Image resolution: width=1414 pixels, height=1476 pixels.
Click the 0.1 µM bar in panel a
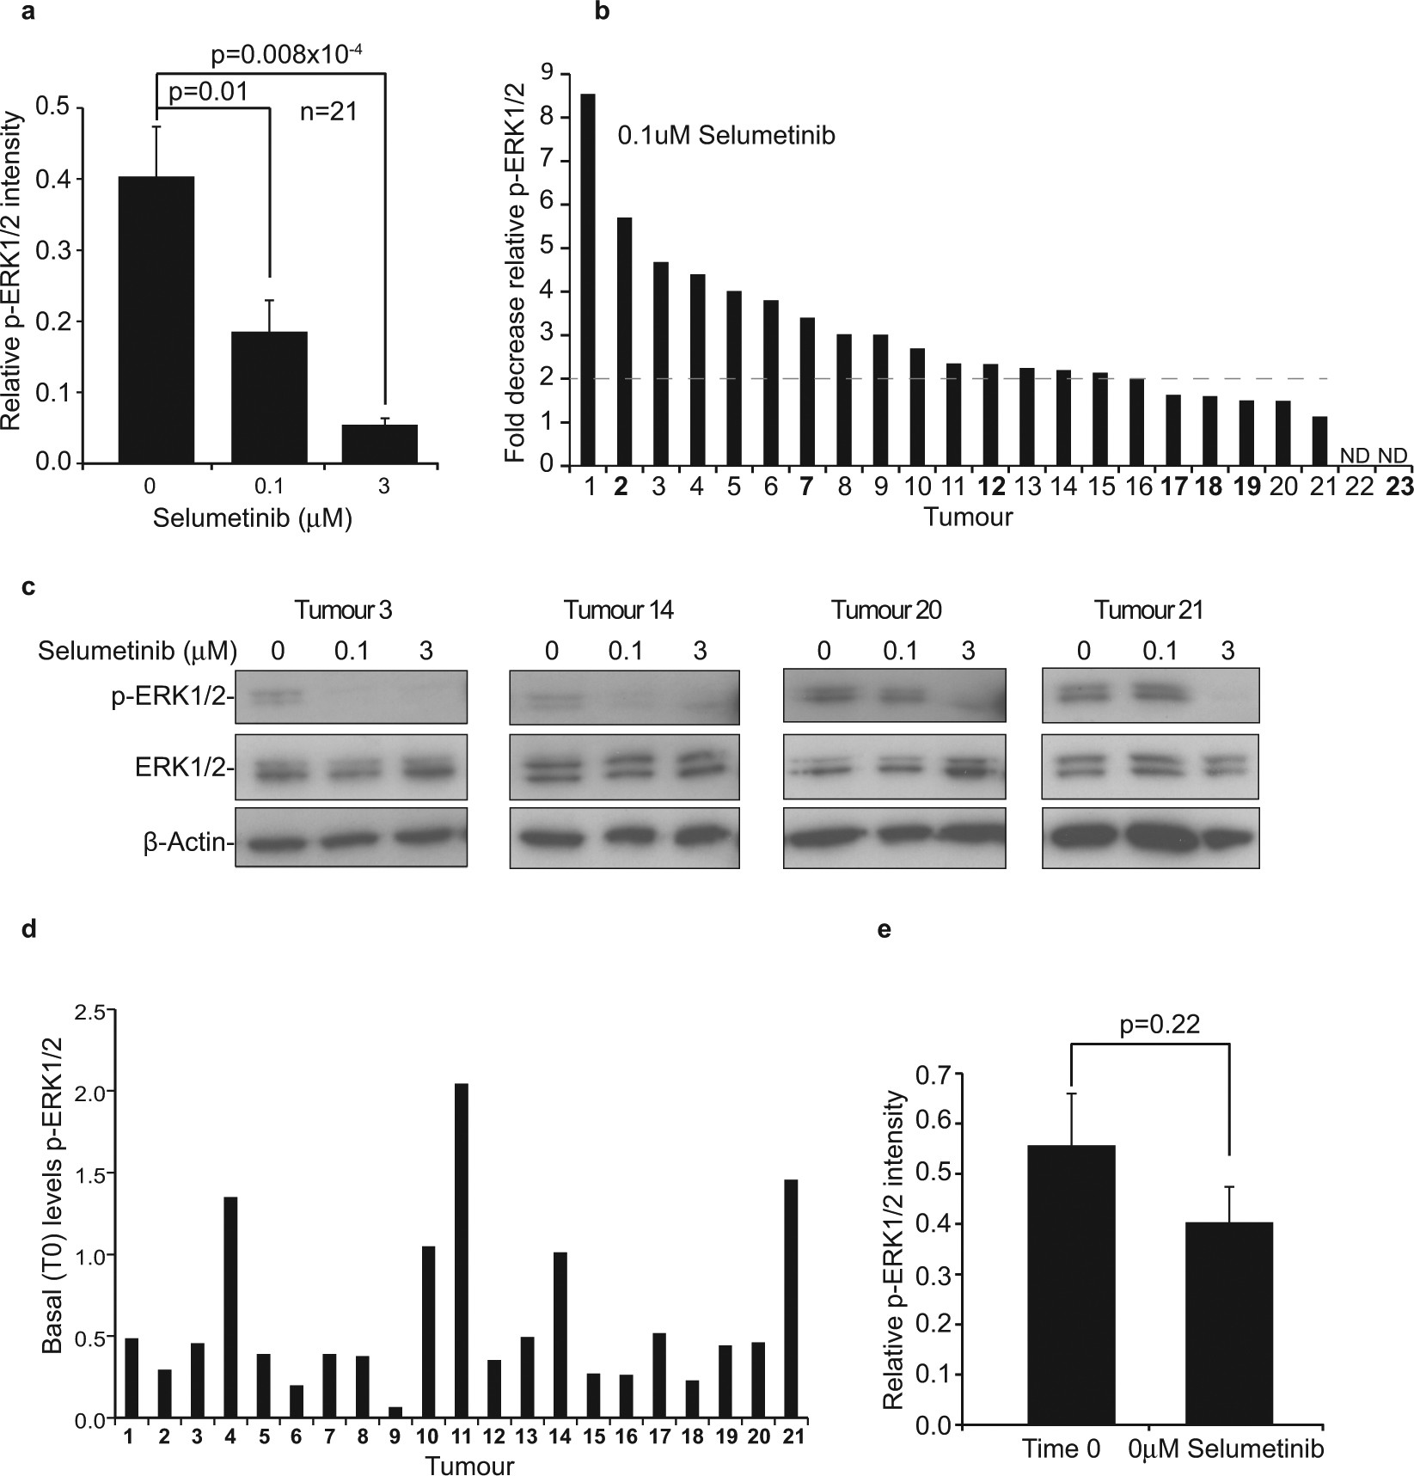click(269, 397)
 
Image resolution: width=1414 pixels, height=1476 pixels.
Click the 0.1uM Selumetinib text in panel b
click(726, 136)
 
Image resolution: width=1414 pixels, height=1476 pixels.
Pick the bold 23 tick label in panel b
click(1399, 487)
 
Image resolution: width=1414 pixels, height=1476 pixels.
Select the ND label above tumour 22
click(1356, 454)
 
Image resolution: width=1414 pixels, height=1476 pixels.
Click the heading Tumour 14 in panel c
click(618, 610)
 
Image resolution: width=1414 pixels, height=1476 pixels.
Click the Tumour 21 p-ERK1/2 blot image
click(1150, 695)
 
